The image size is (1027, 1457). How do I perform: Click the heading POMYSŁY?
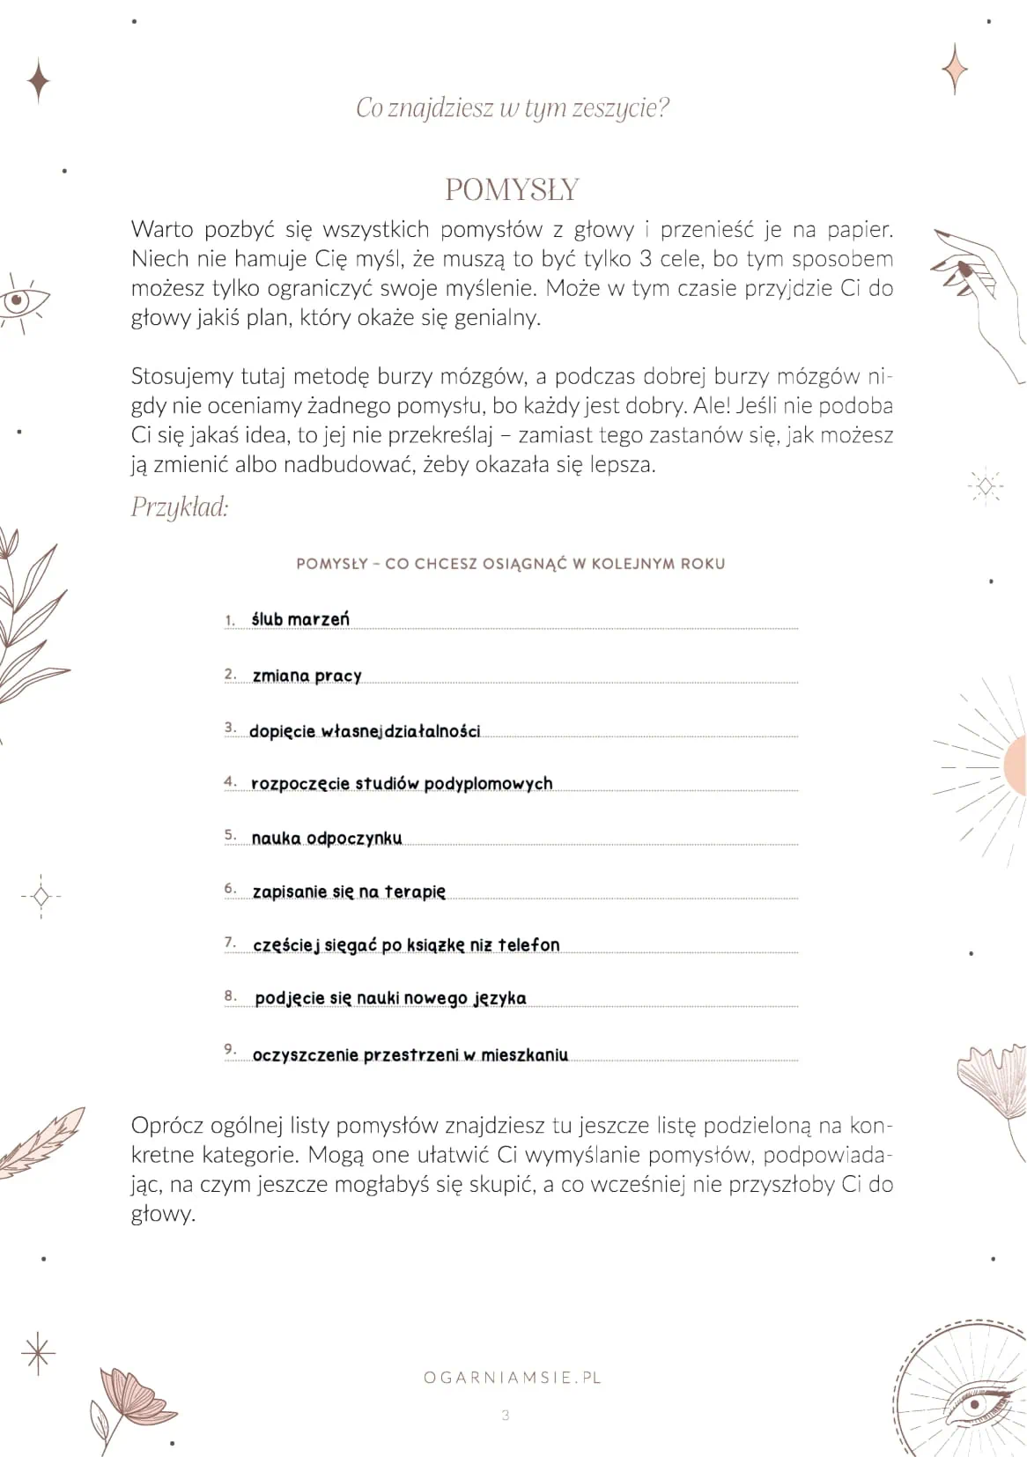[x=512, y=189]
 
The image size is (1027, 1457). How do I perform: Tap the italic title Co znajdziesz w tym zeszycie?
[x=512, y=107]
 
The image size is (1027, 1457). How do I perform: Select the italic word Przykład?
[x=180, y=507]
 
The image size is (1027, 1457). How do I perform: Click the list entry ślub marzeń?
[x=300, y=619]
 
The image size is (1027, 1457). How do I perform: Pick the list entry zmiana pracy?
[x=307, y=676]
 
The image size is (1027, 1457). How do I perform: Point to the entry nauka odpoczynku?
[x=327, y=838]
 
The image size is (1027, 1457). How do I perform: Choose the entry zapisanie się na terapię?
[x=349, y=891]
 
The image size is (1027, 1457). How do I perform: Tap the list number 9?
[x=230, y=1048]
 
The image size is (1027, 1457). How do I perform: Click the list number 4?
[x=230, y=781]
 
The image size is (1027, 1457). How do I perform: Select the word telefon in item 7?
[x=528, y=944]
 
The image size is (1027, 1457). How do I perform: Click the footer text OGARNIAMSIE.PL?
[x=512, y=1377]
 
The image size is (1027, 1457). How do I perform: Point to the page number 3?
[x=506, y=1416]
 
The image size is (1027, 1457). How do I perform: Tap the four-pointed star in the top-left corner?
[x=38, y=81]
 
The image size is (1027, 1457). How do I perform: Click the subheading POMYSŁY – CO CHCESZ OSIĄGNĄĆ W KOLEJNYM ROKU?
[x=511, y=564]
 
